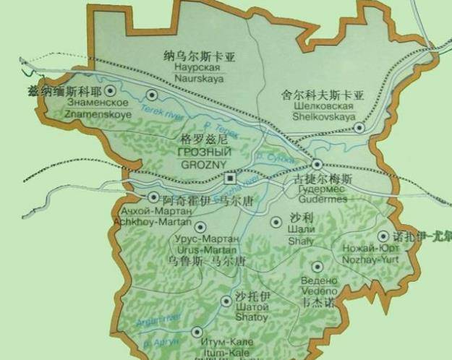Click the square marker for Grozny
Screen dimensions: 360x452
tap(230, 178)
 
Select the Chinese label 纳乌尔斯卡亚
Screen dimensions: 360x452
tap(201, 56)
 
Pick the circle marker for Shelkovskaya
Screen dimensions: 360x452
tap(359, 128)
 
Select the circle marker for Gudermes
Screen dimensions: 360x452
tap(317, 164)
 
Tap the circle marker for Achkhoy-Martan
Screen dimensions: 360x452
tap(153, 197)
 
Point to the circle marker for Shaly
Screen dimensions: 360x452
tap(276, 222)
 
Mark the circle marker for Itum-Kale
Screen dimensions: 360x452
tap(197, 332)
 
